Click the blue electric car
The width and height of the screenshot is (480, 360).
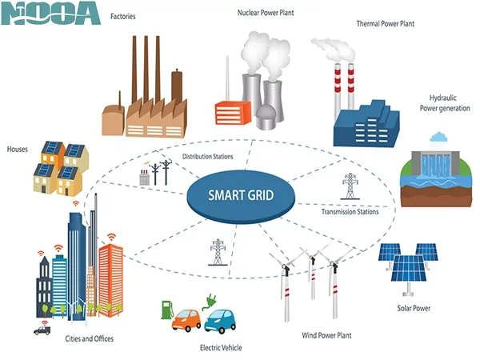coord(222,320)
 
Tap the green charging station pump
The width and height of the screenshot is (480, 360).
coord(167,310)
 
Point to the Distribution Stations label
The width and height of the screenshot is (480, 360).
coord(207,157)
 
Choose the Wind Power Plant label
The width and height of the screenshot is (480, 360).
coord(326,335)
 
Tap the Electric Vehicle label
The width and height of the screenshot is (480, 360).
coord(221,348)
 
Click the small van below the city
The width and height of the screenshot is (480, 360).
coord(42,329)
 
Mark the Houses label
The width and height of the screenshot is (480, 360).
coord(18,149)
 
